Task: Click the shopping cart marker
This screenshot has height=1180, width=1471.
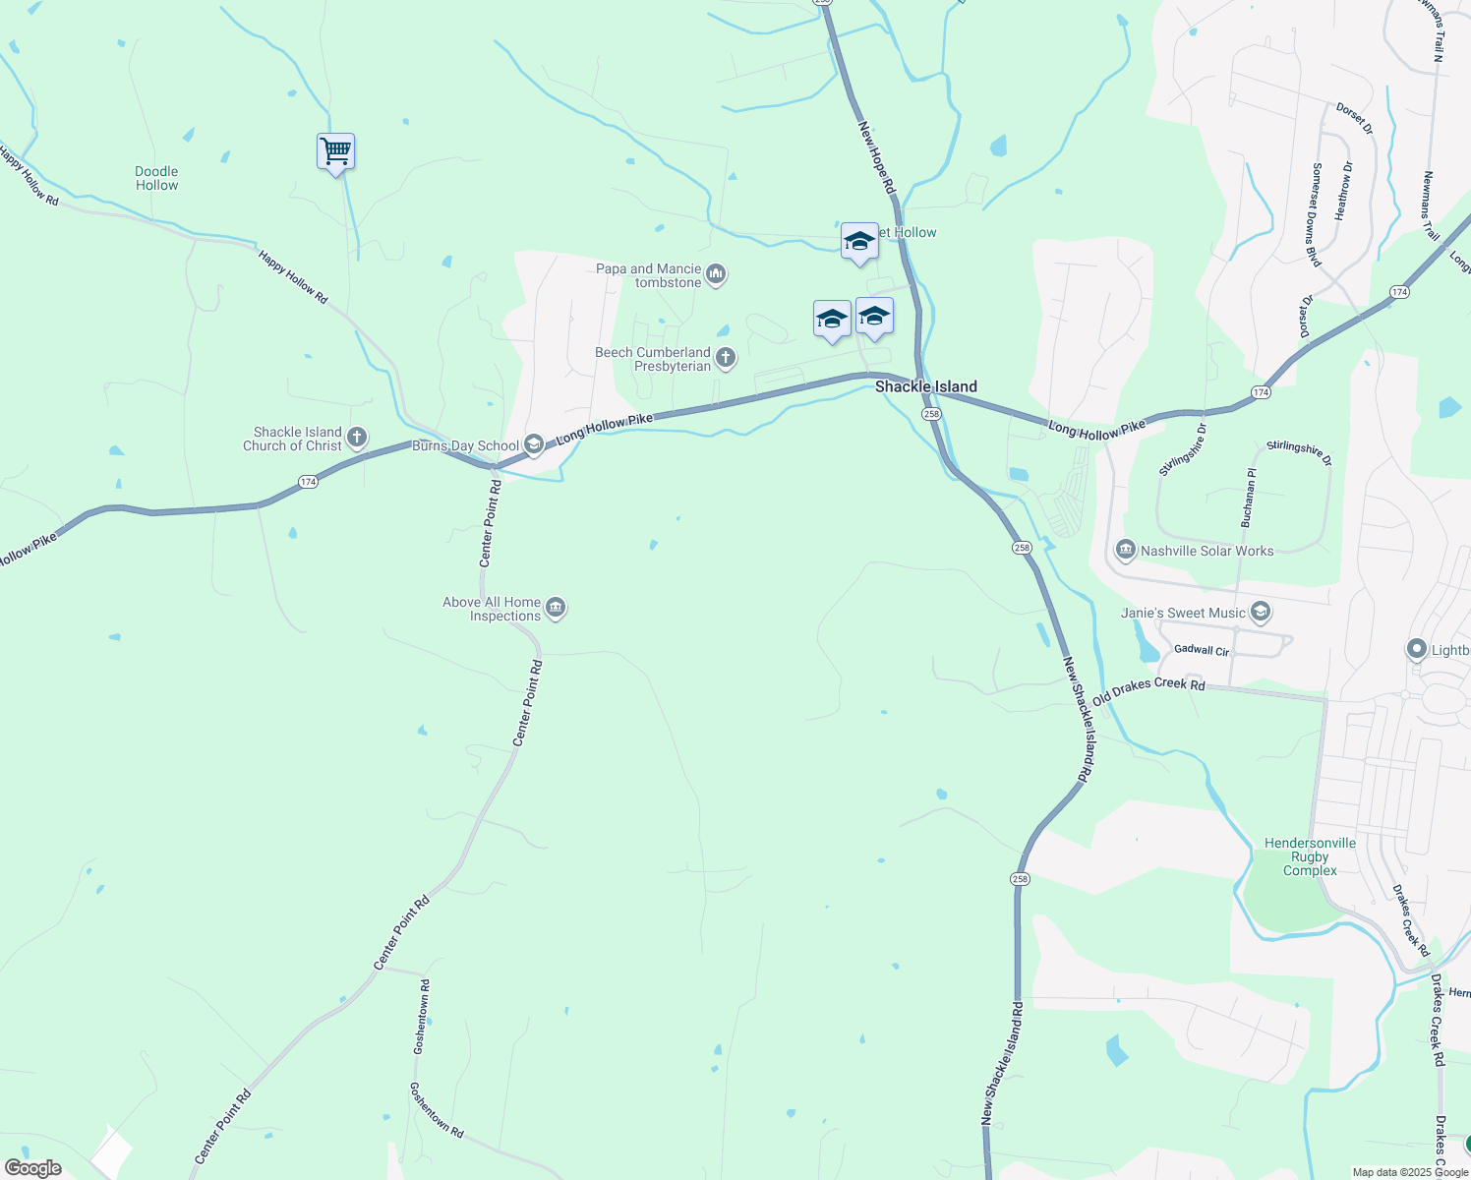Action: (335, 152)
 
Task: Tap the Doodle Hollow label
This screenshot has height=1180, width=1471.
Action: (157, 178)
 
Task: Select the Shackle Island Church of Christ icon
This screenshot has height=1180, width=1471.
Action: (357, 437)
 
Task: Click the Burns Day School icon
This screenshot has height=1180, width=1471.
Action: (534, 445)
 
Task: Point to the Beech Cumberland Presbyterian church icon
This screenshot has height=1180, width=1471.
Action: (726, 357)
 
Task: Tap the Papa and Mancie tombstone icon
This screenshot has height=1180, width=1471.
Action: (716, 273)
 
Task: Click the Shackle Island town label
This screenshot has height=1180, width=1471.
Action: (926, 386)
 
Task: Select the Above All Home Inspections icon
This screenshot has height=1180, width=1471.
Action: (556, 608)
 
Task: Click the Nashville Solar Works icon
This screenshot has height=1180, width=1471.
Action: (1126, 549)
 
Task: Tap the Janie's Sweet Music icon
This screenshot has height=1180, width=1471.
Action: (1262, 613)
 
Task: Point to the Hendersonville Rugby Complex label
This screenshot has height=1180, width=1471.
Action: (1310, 856)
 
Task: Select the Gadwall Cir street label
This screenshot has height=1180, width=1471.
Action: (1202, 651)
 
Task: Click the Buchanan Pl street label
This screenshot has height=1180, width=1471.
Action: (1248, 498)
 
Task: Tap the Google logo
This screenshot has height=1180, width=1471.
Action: (32, 1168)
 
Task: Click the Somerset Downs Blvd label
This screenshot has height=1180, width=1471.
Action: (1317, 214)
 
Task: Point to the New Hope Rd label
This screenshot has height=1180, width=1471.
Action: (877, 157)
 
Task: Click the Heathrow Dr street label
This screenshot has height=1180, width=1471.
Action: (1344, 191)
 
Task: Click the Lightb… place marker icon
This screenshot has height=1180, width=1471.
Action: (1416, 648)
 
